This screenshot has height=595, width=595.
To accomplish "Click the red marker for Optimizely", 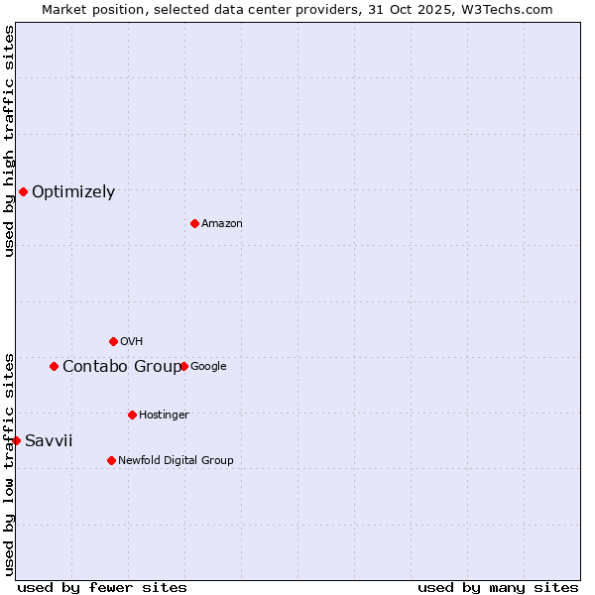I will (23, 191).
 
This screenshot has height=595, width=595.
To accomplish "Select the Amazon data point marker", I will (194, 223).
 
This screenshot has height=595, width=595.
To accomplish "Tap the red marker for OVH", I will (113, 341).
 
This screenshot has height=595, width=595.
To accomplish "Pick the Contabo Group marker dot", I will (54, 366).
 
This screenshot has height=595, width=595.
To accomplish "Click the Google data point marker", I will (183, 366).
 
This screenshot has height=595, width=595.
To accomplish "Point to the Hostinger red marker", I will (132, 415).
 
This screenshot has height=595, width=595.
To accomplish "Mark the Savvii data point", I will (16, 440).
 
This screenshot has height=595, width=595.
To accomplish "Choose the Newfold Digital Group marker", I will (111, 460).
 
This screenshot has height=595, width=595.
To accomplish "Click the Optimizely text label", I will (73, 192).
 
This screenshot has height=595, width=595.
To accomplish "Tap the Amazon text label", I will (222, 224).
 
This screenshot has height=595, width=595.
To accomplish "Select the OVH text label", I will (132, 342).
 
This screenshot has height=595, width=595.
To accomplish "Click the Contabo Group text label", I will (122, 367).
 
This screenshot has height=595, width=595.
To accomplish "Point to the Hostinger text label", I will (164, 415).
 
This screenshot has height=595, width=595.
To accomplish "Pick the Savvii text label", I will (49, 441).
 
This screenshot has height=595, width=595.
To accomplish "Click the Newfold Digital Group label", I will (176, 460).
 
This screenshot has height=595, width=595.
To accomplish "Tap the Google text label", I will (208, 367).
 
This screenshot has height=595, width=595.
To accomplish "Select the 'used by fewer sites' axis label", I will (102, 587).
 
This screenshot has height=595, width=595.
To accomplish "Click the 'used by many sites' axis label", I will (498, 587).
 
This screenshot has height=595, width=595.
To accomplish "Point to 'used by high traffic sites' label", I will (9, 142).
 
